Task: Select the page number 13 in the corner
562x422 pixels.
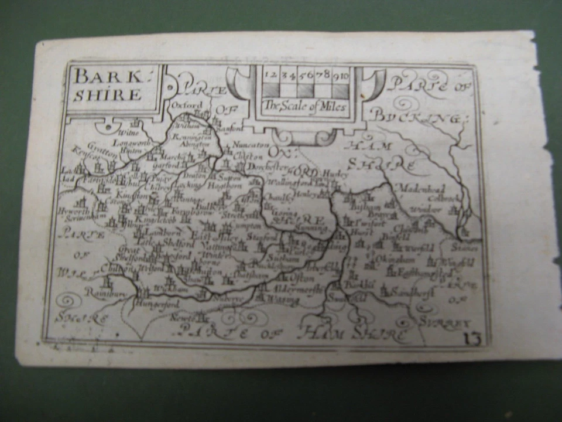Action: click(x=470, y=337)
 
